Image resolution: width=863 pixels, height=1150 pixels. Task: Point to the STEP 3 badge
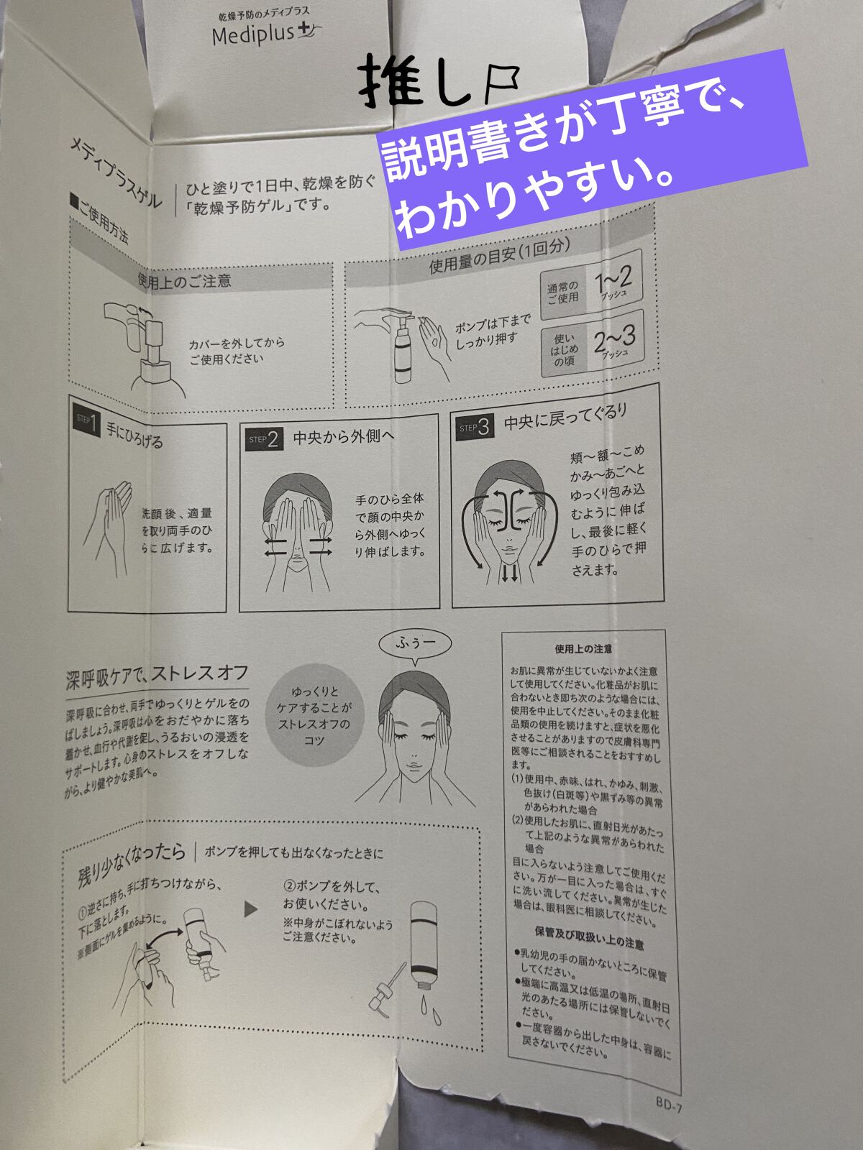click(475, 428)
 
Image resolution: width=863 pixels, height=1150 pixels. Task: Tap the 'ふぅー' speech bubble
click(416, 642)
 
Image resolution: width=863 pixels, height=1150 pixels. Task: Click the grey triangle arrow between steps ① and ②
click(250, 909)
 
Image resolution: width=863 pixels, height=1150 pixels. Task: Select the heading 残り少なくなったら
click(132, 862)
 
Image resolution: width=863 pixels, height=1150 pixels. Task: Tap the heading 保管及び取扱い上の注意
click(589, 942)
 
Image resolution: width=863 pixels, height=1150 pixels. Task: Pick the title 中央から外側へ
click(343, 436)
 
